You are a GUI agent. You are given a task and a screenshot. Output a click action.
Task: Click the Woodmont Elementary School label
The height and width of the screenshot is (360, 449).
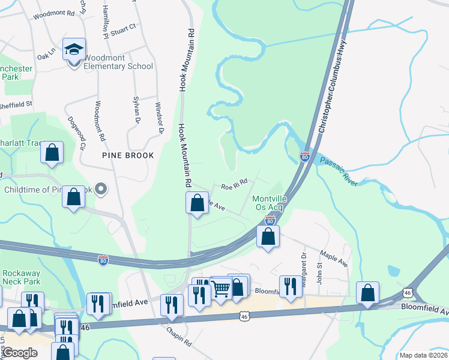tap(118, 62)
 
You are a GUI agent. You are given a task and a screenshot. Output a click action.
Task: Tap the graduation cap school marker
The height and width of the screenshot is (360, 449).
tap(74, 50)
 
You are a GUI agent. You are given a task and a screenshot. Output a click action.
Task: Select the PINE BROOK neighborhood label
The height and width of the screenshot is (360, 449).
tap(128, 155)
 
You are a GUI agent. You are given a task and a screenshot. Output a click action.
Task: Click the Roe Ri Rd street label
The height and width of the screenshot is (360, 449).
tap(234, 187)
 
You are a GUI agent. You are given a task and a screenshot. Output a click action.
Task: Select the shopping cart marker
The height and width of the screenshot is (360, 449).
tap(220, 289)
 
